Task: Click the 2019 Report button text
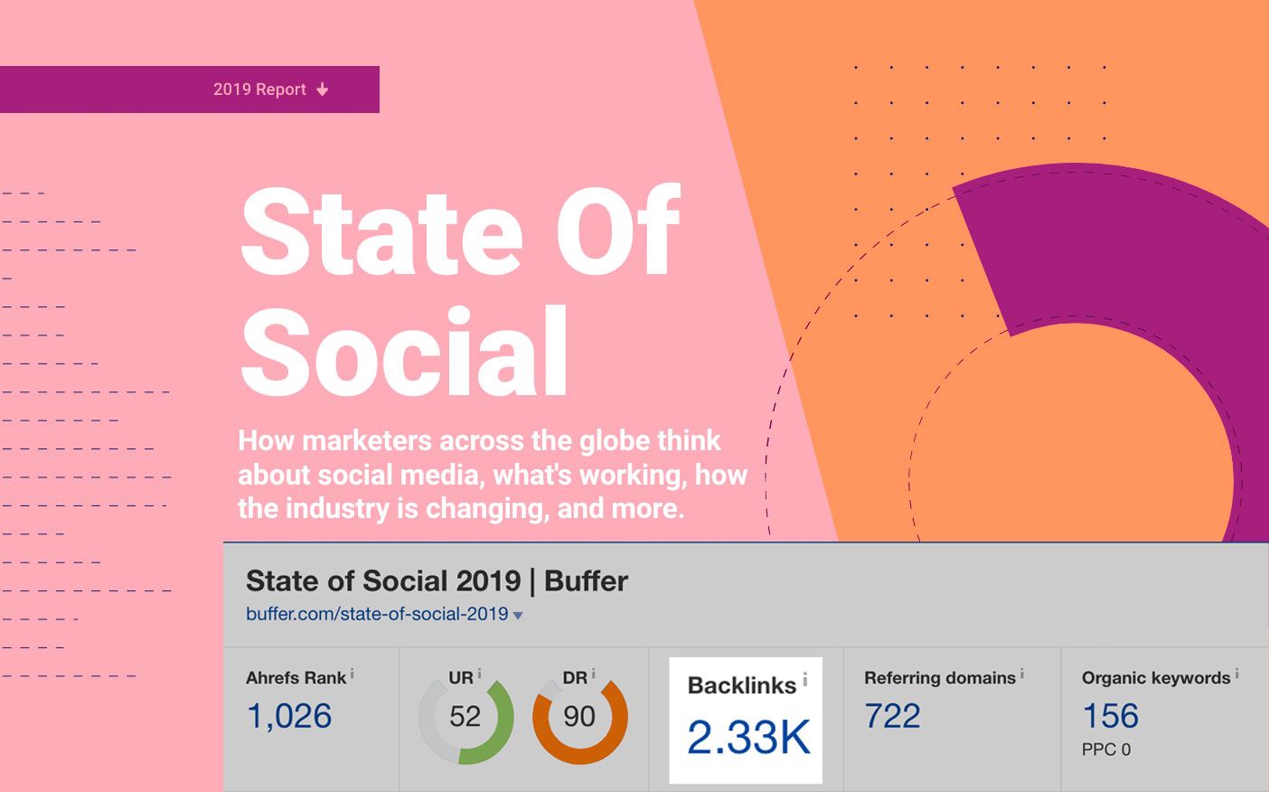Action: pos(259,90)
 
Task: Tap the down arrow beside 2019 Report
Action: pos(323,90)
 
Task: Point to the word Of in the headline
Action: pos(617,232)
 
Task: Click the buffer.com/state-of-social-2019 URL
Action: pos(377,614)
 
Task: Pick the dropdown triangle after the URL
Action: pos(518,616)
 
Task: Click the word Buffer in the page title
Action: pos(586,580)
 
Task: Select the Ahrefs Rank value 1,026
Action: pos(289,716)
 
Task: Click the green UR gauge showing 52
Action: pos(465,717)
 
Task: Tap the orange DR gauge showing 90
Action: pos(579,717)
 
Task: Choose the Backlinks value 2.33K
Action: pos(748,737)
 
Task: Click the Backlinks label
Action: pos(742,685)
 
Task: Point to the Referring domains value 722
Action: pos(892,716)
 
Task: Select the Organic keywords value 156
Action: pos(1110,716)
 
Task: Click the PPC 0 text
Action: pos(1105,750)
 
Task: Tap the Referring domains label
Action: pos(939,678)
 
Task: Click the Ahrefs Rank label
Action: pos(296,678)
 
